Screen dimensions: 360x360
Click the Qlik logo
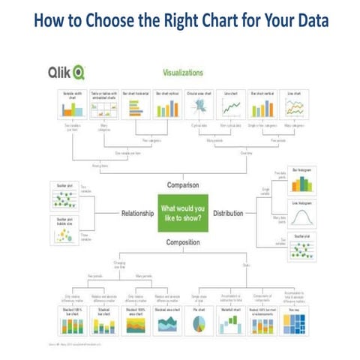click(x=67, y=72)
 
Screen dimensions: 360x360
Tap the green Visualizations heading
click(x=183, y=73)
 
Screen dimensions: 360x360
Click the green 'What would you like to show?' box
click(x=180, y=213)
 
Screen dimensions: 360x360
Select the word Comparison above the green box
click(x=180, y=184)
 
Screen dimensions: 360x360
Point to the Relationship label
click(x=137, y=213)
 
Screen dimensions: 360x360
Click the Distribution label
click(x=228, y=213)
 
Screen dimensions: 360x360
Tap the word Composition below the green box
click(x=180, y=242)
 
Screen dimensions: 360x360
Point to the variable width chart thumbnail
click(x=70, y=110)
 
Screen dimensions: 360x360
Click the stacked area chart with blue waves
click(x=167, y=322)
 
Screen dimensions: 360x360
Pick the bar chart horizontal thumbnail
click(x=136, y=110)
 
